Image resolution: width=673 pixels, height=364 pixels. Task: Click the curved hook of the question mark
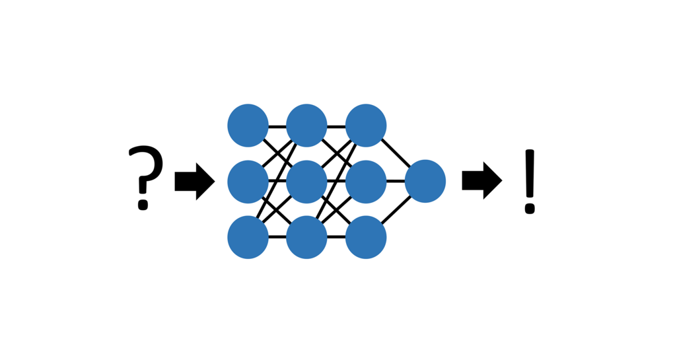146,165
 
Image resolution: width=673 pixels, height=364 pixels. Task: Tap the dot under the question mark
143,205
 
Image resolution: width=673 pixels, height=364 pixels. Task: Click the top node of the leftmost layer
248,126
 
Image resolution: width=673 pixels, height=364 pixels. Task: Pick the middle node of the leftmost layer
248,181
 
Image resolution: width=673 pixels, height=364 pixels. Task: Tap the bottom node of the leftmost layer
248,237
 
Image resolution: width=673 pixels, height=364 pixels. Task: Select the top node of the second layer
306,126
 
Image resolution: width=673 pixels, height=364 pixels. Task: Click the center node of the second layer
306,181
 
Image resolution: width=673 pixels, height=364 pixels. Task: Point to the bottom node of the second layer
306,237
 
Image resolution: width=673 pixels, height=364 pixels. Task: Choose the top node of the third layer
365,126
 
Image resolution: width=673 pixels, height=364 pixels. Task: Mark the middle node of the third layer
365,181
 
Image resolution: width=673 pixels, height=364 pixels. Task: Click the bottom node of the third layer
365,237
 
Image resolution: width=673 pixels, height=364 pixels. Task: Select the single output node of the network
425,181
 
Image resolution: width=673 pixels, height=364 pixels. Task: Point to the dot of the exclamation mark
529,209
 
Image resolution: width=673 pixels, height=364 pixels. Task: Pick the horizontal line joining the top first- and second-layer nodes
277,126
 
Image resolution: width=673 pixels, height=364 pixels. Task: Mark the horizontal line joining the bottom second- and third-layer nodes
336,237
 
